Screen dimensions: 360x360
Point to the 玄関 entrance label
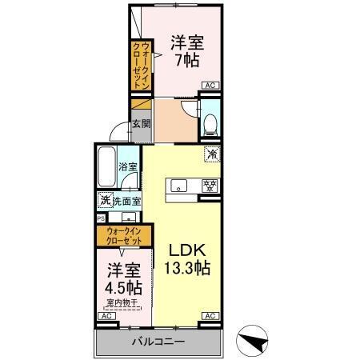(141, 124)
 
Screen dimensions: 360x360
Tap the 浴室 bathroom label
(128, 167)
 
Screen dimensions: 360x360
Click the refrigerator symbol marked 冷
(212, 154)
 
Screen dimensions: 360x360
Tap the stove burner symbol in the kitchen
(209, 186)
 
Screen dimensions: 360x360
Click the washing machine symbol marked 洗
(104, 200)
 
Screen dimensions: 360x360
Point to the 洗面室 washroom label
(127, 201)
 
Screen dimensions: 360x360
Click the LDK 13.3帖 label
(189, 260)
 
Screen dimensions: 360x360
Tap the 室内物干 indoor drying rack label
(122, 302)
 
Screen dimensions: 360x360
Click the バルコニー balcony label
(158, 342)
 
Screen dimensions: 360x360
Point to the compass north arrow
(254, 342)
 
